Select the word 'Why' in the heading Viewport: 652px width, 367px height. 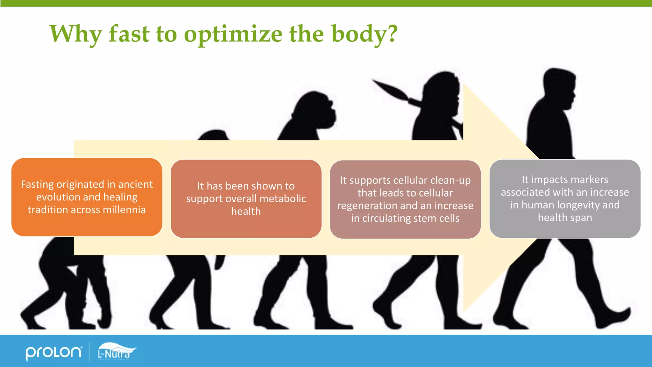[x=76, y=34]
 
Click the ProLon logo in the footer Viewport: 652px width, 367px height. [x=53, y=353]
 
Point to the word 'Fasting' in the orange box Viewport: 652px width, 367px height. [x=37, y=184]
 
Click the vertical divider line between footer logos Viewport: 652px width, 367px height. [x=90, y=352]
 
